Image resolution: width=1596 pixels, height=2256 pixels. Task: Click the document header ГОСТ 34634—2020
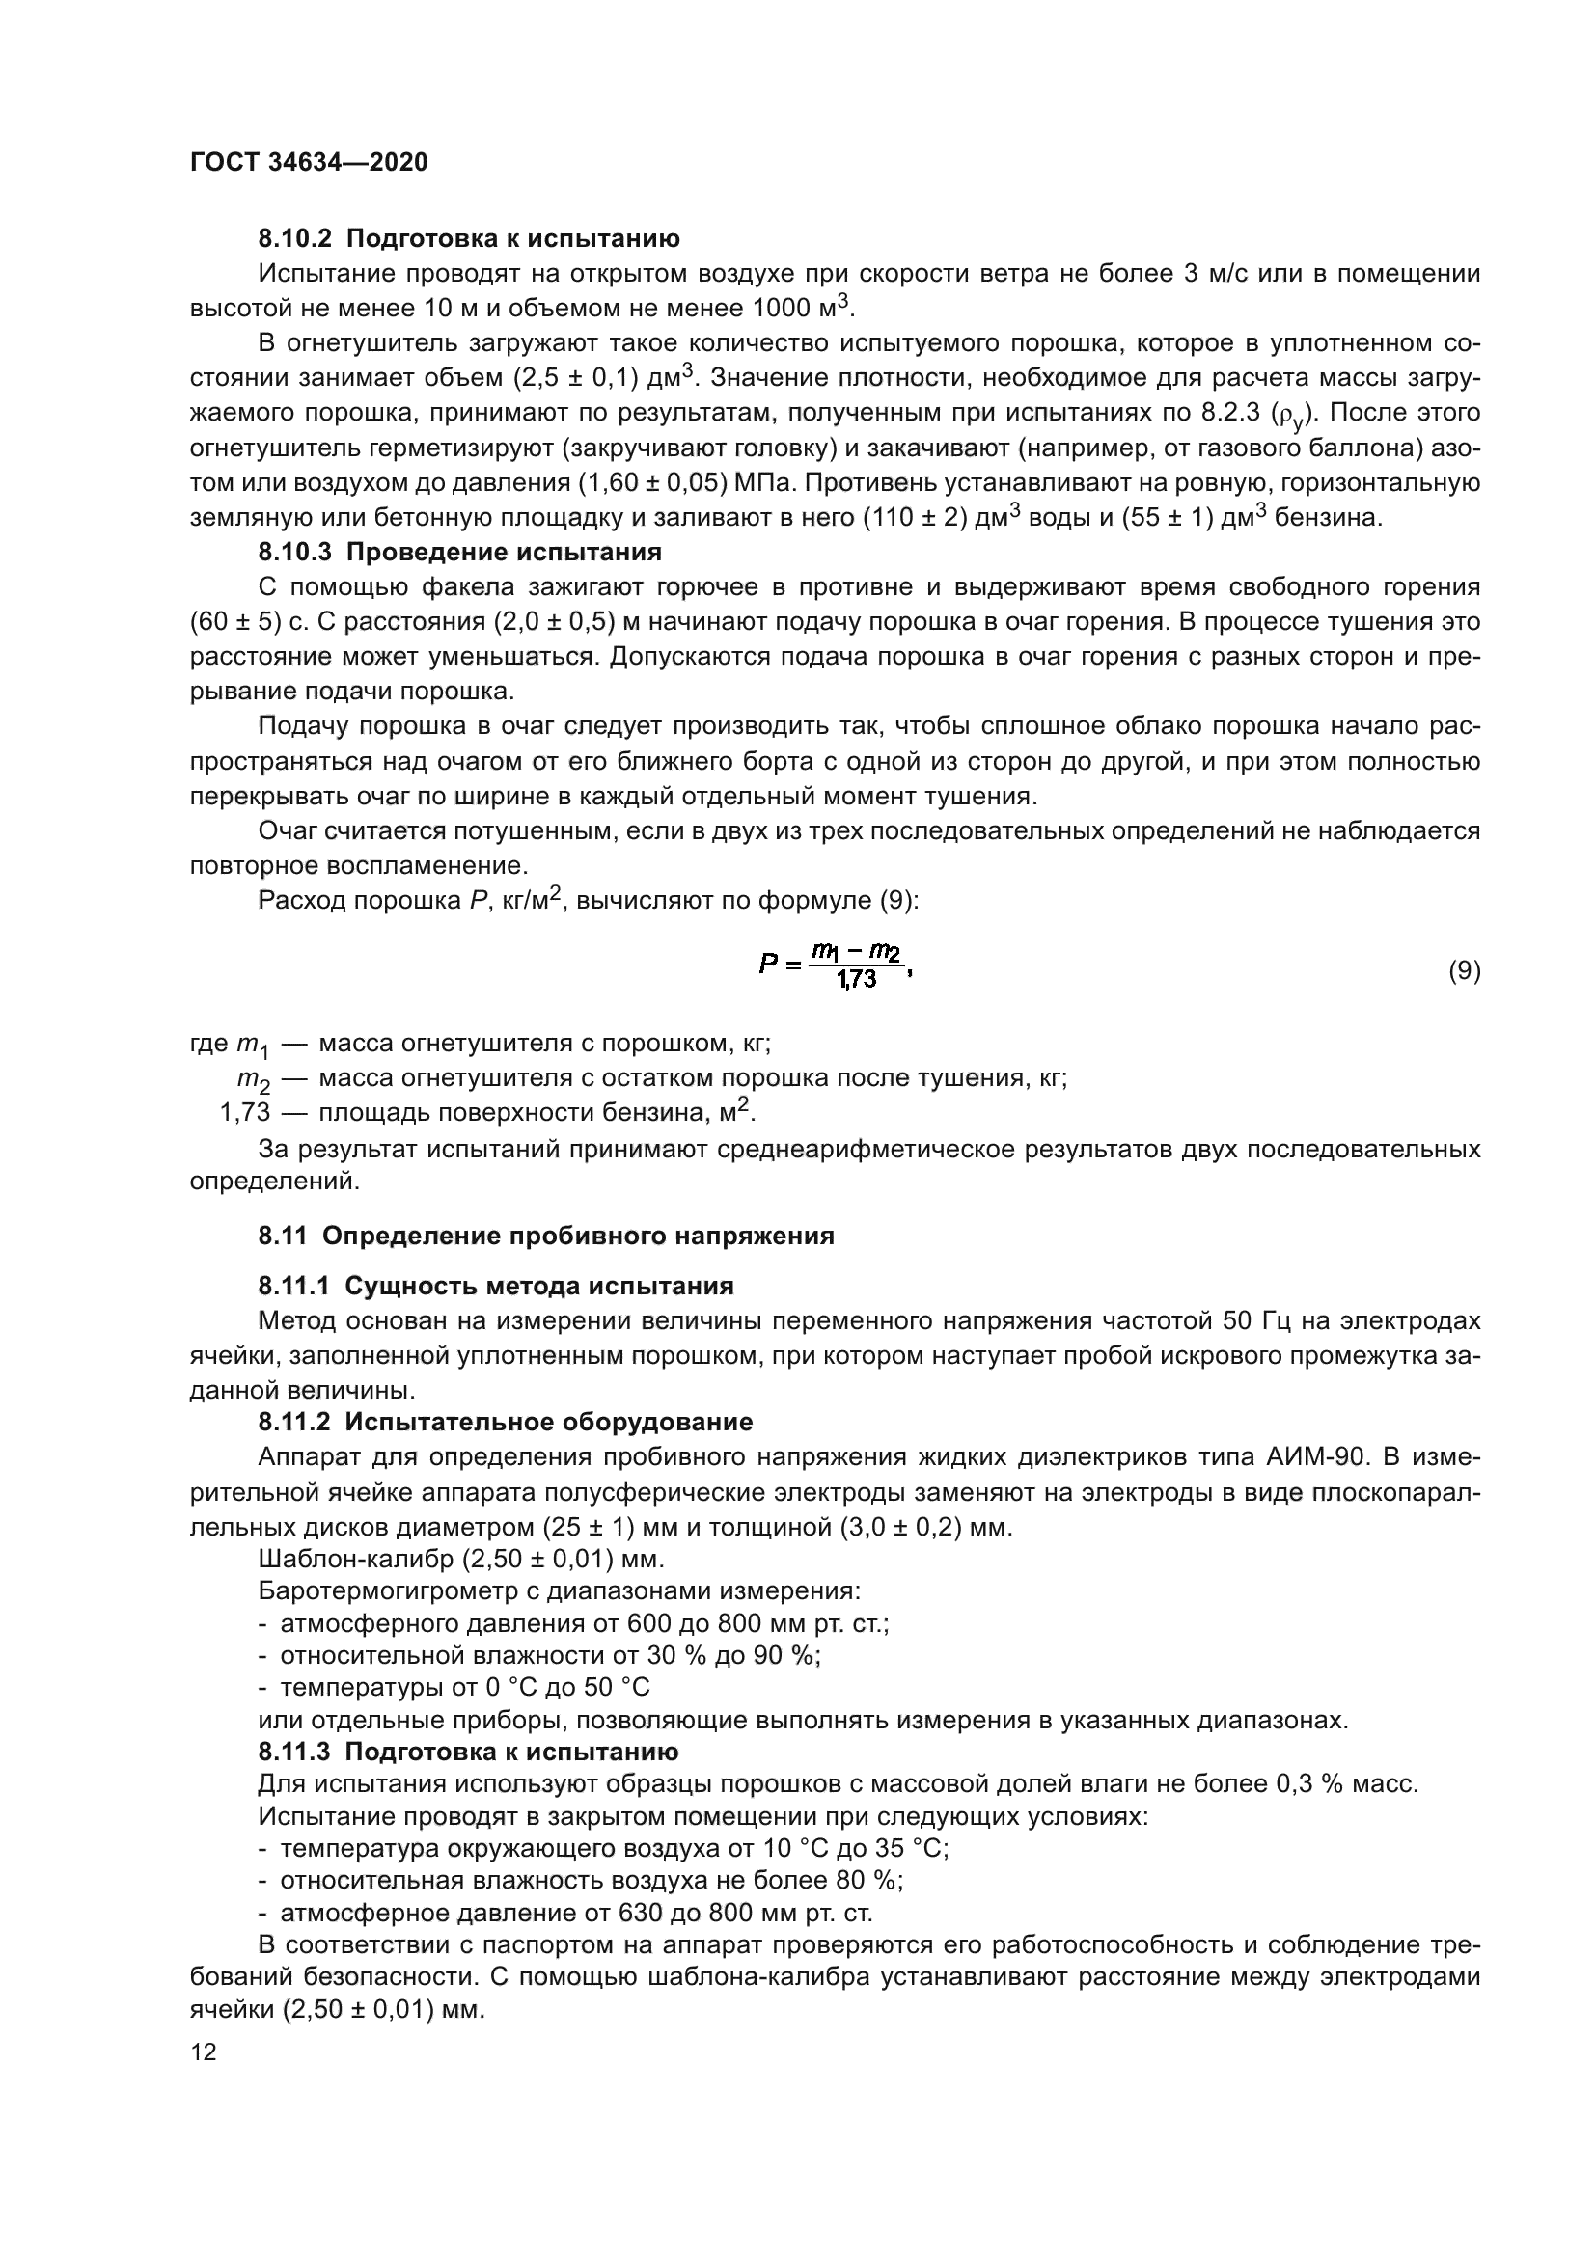(309, 163)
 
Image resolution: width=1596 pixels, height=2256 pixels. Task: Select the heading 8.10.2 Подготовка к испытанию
(469, 239)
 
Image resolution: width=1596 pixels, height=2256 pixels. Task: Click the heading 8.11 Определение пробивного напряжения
(546, 1237)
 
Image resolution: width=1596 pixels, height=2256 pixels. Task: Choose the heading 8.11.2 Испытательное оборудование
(505, 1422)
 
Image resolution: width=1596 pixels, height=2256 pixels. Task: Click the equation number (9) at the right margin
(1465, 971)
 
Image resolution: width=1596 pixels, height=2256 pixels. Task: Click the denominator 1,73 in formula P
(856, 981)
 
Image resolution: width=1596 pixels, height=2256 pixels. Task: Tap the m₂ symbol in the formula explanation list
(253, 1080)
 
